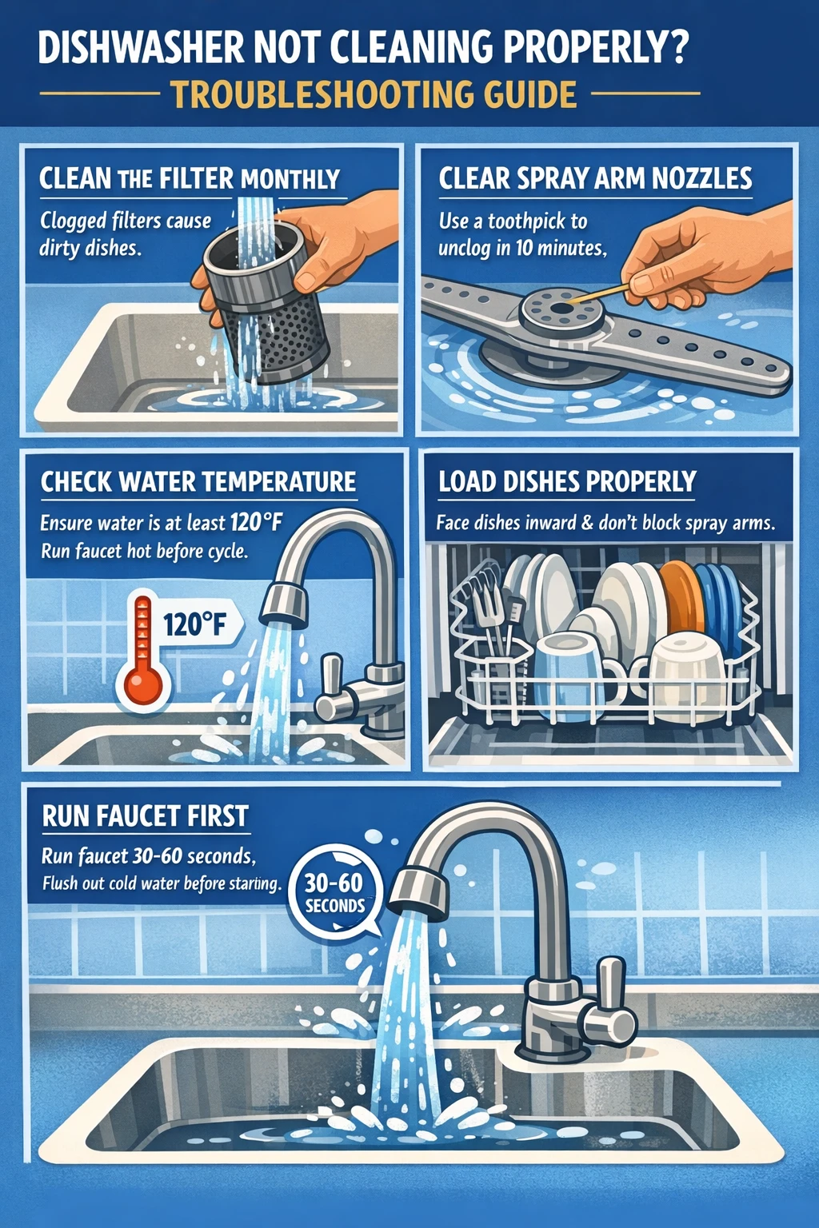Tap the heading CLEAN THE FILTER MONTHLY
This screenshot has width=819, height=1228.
(x=190, y=178)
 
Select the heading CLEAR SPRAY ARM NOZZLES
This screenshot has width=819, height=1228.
(x=595, y=178)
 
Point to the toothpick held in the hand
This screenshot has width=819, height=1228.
(x=597, y=293)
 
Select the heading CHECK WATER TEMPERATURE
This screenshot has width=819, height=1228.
(x=198, y=482)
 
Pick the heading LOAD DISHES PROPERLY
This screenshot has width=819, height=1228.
(x=567, y=482)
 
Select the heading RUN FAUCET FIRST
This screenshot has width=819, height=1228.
(x=146, y=816)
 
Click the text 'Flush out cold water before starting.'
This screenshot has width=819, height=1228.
(x=162, y=883)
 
